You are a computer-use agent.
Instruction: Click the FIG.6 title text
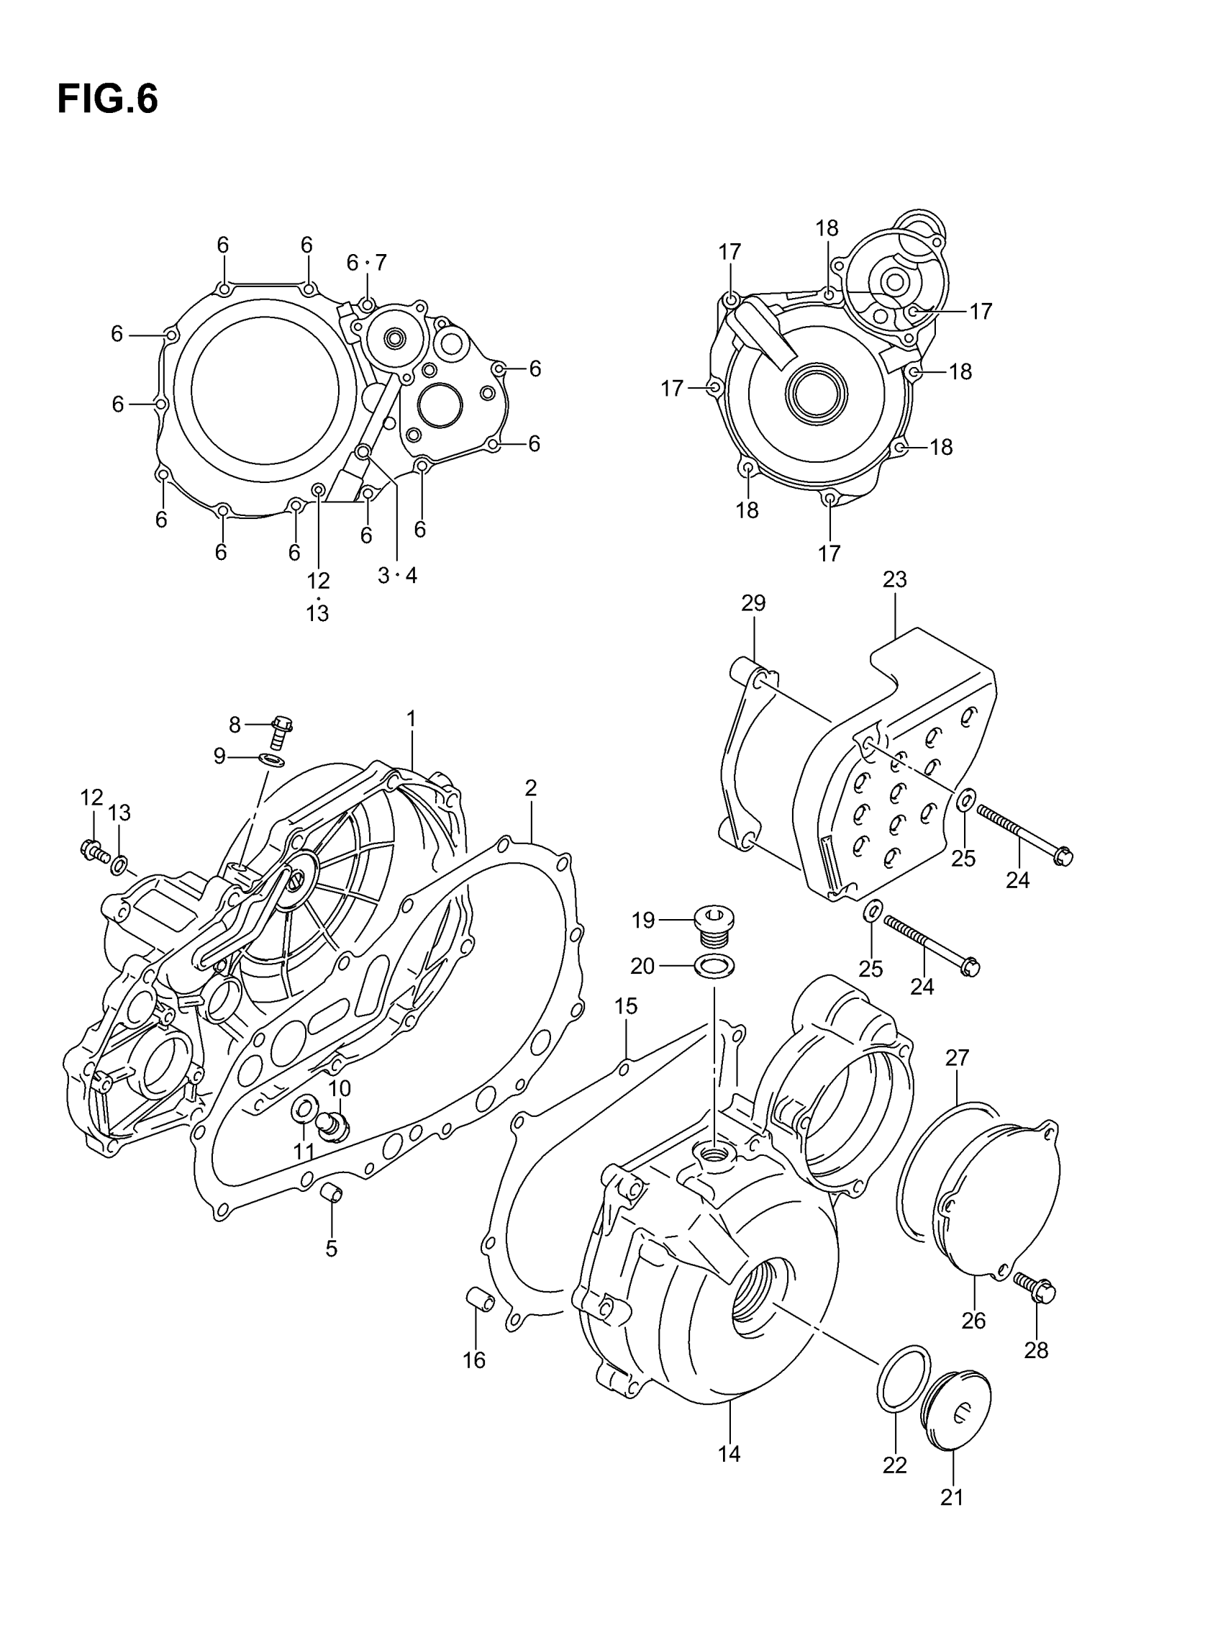107,99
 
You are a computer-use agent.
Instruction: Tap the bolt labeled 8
280,731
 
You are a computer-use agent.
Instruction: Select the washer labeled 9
273,759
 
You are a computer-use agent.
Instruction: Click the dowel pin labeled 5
332,1190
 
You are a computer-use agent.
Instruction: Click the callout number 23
895,580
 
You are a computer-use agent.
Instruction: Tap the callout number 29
753,603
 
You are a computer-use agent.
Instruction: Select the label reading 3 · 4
396,576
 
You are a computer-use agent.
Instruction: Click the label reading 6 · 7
366,263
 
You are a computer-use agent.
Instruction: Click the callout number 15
626,1006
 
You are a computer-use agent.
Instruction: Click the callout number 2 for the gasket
530,788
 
